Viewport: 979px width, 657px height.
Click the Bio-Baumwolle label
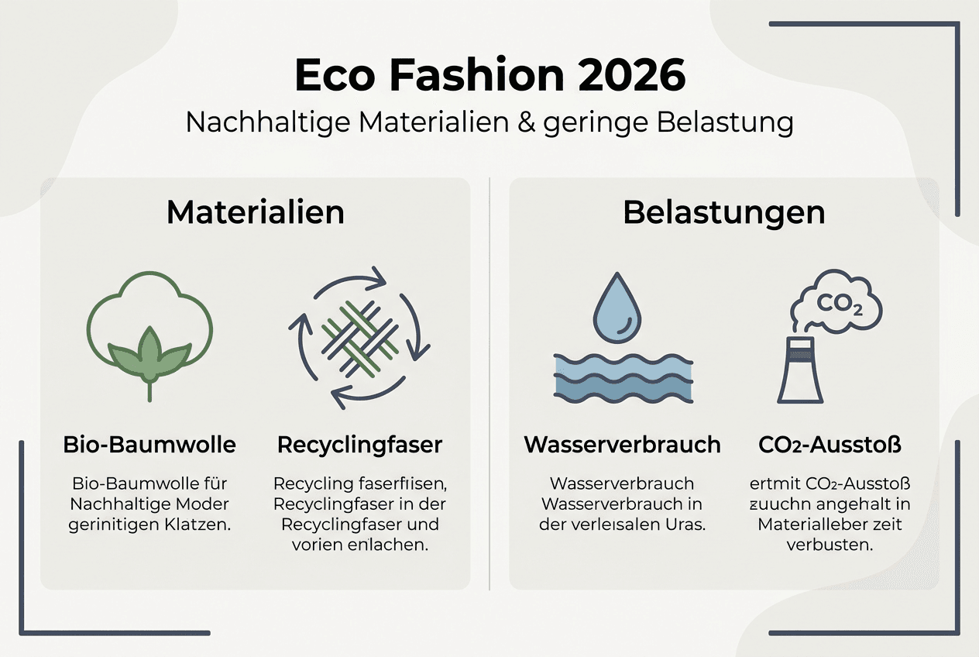tap(149, 445)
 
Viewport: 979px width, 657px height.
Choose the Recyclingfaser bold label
tap(360, 445)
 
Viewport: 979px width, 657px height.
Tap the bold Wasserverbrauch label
tap(622, 445)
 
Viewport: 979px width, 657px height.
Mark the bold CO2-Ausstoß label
tap(830, 445)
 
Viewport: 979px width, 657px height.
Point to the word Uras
tap(687, 524)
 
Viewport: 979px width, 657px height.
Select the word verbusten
tap(830, 545)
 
